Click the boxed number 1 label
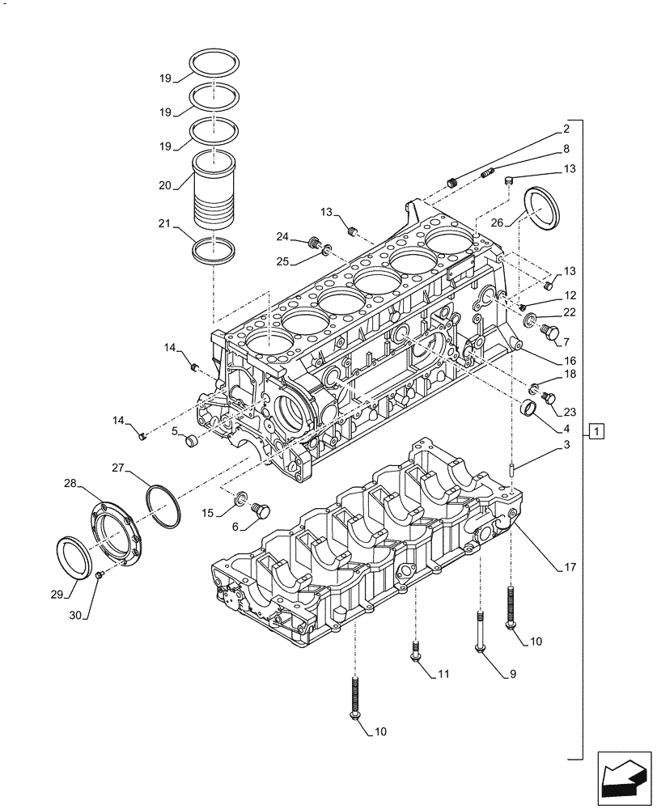tap(596, 431)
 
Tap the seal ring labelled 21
tap(215, 250)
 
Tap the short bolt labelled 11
tap(415, 650)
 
